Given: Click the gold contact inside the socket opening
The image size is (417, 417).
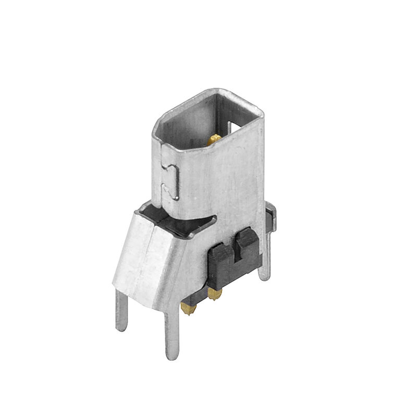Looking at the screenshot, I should (x=214, y=139).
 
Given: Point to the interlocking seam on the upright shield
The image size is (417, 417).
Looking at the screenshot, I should (x=173, y=180).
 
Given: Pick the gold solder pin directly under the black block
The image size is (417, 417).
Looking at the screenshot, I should (x=214, y=294).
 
